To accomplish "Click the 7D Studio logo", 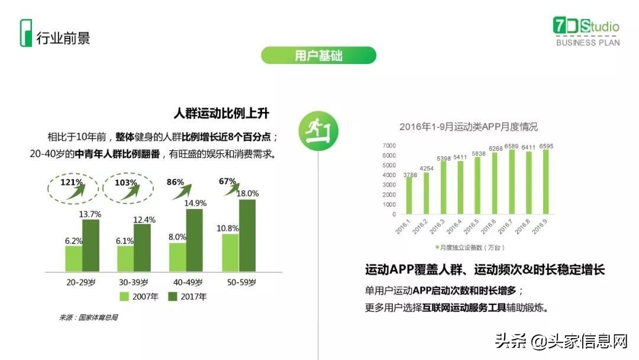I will [x=586, y=31].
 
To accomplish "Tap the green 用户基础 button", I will [x=318, y=56].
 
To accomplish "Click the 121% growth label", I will [x=71, y=182].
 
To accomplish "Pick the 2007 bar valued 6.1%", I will [x=125, y=259].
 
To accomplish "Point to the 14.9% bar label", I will [x=195, y=203].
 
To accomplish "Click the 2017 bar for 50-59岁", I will [x=247, y=236].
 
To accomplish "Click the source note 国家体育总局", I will [x=88, y=317].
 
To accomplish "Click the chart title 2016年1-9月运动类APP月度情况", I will [x=468, y=127].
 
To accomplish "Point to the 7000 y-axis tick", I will [x=389, y=146].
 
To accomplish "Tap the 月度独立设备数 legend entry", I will [x=470, y=247].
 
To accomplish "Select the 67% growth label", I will [x=228, y=181].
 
